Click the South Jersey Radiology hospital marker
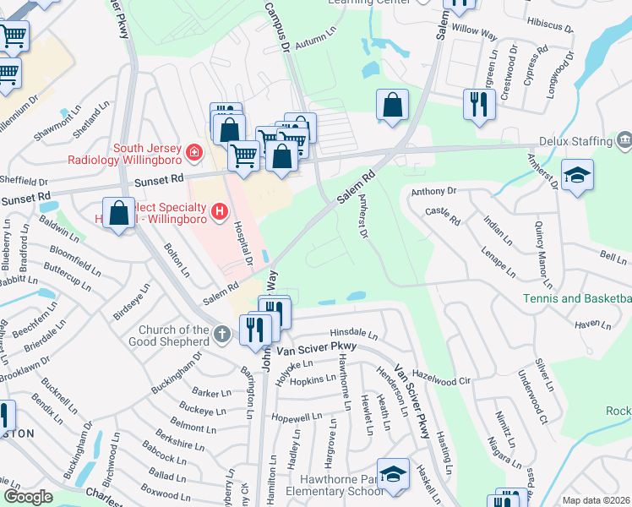[x=194, y=152]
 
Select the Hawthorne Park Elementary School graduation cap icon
[x=393, y=473]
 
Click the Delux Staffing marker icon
[x=624, y=138]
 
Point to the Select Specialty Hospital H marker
[x=220, y=210]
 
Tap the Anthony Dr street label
[x=433, y=193]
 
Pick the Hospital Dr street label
[x=243, y=242]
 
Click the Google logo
[x=28, y=497]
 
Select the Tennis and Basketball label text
[x=577, y=298]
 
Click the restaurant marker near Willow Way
[x=479, y=105]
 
